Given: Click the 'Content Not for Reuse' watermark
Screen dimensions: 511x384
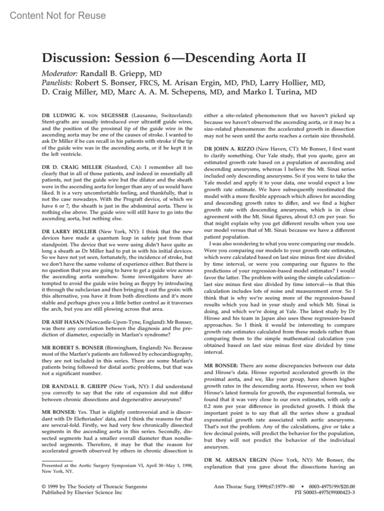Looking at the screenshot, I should pos(58,15).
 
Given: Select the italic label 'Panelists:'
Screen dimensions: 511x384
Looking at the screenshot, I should pos(57,83).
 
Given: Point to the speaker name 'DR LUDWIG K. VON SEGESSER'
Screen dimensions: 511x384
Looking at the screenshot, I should pos(85,115).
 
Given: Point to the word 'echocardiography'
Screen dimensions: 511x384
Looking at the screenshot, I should pos(172,354).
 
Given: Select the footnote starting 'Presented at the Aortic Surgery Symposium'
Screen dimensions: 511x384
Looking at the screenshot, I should pos(117,468).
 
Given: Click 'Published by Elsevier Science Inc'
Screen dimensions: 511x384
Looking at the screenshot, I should pos(82,492).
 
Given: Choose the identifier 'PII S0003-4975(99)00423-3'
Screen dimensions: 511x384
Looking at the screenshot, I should pos(324,492).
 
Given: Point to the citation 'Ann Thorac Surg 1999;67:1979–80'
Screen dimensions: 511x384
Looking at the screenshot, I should pos(254,486).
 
